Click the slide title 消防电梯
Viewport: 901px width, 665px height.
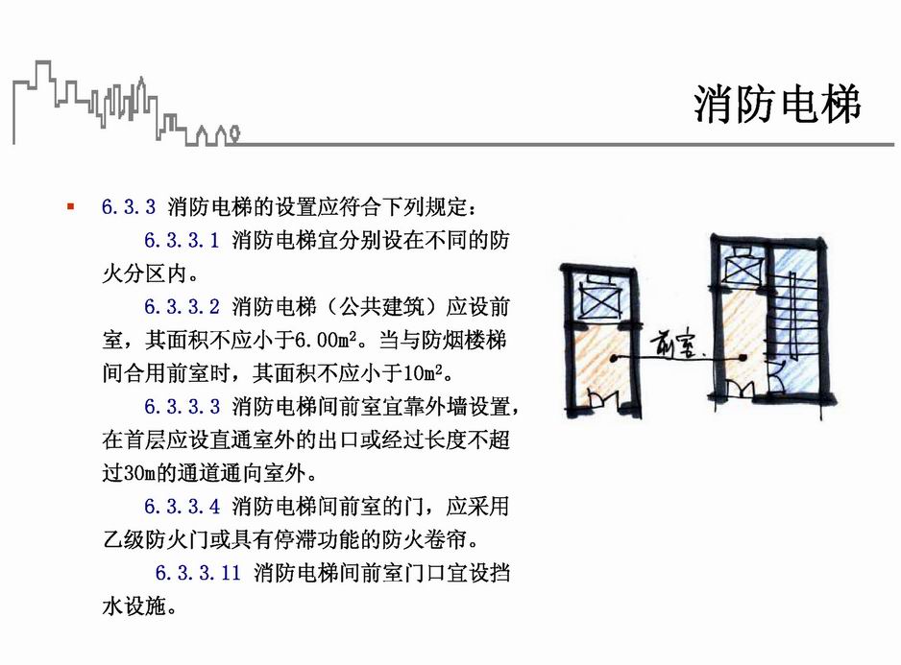click(777, 105)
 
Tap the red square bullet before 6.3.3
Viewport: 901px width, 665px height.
click(70, 206)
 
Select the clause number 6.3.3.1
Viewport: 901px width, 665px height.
click(183, 240)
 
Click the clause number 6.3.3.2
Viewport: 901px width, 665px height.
click(183, 307)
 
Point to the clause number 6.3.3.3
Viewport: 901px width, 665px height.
click(183, 406)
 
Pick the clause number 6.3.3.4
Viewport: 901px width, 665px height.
click(183, 506)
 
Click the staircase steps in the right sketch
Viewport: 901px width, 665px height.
click(795, 318)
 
